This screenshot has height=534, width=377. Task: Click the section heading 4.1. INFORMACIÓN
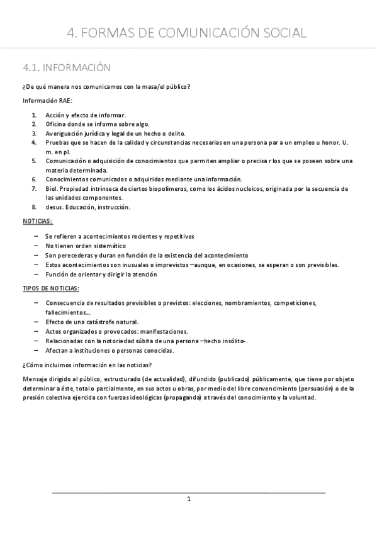(67, 67)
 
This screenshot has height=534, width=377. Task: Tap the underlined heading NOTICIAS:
(38, 222)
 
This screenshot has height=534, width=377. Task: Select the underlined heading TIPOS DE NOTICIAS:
(51, 288)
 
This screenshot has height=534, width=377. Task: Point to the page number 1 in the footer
(188, 499)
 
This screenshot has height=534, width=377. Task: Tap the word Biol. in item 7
(52, 189)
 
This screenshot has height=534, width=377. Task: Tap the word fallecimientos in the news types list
(68, 312)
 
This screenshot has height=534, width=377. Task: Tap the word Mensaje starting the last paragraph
(35, 379)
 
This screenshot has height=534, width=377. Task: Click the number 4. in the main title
(72, 33)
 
